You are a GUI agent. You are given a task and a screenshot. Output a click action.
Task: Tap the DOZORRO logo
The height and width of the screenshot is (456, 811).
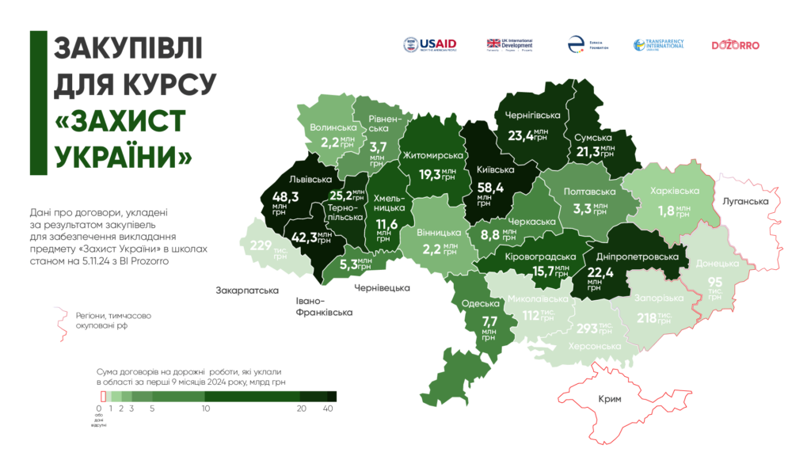(735, 45)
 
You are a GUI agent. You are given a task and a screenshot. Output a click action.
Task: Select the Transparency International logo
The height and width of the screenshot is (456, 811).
(658, 45)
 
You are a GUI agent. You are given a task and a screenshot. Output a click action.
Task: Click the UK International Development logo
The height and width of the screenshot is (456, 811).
(509, 45)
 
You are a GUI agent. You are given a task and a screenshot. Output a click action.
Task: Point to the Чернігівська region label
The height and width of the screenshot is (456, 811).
(532, 116)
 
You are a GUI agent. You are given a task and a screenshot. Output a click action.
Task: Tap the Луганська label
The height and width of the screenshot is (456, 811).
(746, 202)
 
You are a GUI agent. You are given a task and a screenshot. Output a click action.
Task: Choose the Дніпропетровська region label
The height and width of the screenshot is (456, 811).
(638, 257)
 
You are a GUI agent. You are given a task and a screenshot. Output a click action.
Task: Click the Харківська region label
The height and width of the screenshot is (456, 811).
(674, 192)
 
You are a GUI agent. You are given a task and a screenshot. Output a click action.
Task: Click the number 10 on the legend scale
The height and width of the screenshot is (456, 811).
(205, 408)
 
